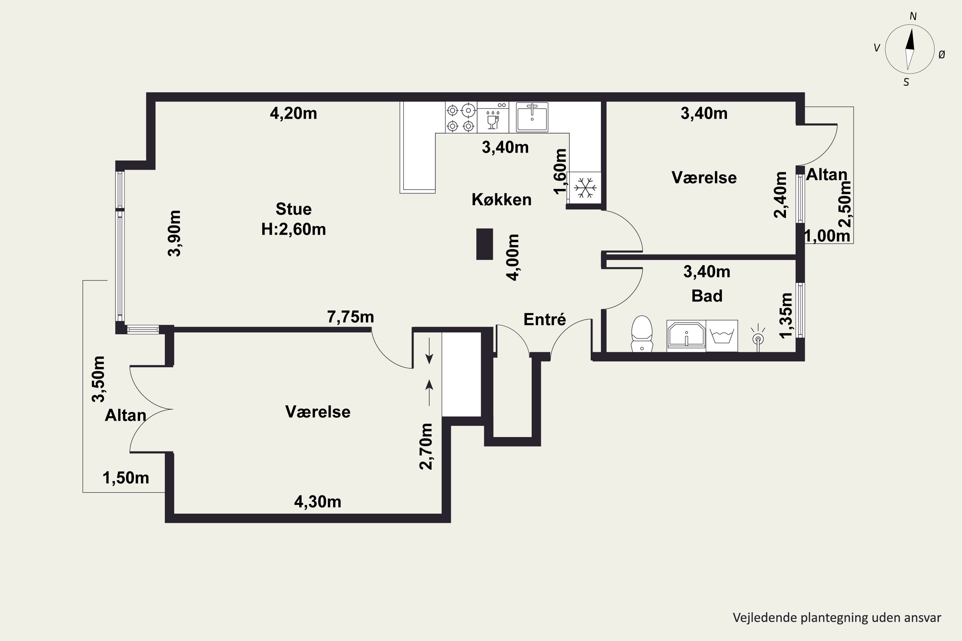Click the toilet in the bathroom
[x=641, y=334]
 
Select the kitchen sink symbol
[x=532, y=117]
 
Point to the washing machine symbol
[x=722, y=336]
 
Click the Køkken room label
[x=502, y=199]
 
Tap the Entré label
[x=544, y=319]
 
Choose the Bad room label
[x=707, y=296]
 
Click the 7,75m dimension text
[x=350, y=317]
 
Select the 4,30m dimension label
[x=318, y=502]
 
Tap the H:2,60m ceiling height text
[x=294, y=229]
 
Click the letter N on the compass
[x=913, y=16]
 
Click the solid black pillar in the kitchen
[x=485, y=244]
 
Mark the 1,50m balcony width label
[x=126, y=478]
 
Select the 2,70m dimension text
[x=426, y=446]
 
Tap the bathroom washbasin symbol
[x=686, y=335]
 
